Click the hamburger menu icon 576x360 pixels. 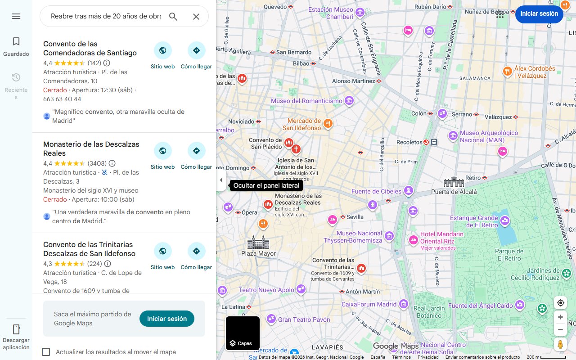16,16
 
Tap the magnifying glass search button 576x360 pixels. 173,17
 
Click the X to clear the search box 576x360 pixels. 196,17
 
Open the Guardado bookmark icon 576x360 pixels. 16,42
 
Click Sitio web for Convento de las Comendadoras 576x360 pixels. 162,50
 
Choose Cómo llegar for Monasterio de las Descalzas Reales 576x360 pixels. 196,151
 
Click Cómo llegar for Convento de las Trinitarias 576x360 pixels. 196,251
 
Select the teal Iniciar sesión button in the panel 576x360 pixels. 166,319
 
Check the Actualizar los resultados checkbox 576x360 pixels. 46,352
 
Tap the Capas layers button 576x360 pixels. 243,333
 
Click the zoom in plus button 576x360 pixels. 560,317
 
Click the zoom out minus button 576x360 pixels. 560,329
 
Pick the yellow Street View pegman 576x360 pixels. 560,345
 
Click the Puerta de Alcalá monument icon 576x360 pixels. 454,182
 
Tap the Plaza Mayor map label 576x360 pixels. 258,253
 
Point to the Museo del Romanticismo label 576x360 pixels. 306,101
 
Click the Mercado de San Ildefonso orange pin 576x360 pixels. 328,123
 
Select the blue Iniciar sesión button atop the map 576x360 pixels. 539,13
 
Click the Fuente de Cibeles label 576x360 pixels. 376,191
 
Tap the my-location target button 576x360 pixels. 560,303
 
